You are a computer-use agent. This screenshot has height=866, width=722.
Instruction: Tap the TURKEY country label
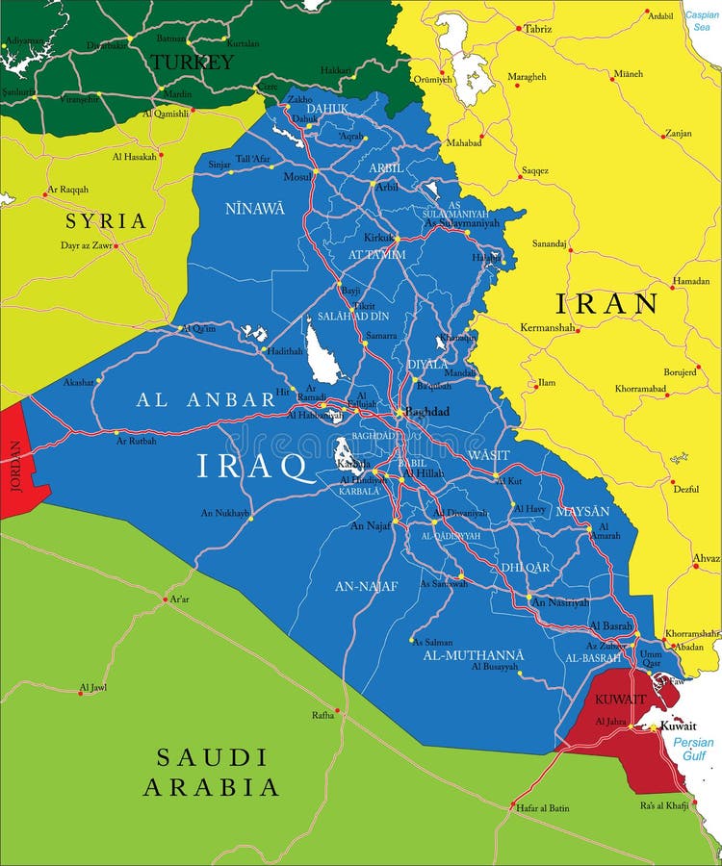pyautogui.click(x=191, y=63)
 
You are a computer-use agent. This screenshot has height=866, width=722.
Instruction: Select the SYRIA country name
pyautogui.click(x=106, y=221)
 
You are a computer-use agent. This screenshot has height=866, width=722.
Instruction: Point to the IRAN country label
pyautogui.click(x=606, y=304)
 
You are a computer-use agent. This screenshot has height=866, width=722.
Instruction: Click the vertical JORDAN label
pyautogui.click(x=14, y=467)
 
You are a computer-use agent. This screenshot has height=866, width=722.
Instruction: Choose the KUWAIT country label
pyautogui.click(x=619, y=699)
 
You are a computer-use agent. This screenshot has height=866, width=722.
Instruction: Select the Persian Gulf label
pyautogui.click(x=693, y=750)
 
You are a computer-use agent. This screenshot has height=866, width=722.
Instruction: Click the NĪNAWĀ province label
pyautogui.click(x=254, y=208)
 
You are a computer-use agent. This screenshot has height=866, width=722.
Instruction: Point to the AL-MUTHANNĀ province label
pyautogui.click(x=474, y=655)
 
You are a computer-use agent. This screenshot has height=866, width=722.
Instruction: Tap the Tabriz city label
pyautogui.click(x=538, y=29)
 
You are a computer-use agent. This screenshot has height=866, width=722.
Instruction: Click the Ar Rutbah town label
pyautogui.click(x=136, y=440)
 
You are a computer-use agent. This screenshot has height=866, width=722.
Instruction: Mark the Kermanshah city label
pyautogui.click(x=547, y=328)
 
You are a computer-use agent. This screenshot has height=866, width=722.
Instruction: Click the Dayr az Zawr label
pyautogui.click(x=87, y=246)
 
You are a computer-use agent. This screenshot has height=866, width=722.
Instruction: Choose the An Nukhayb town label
pyautogui.click(x=225, y=513)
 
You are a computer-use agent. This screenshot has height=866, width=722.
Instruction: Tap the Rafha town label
pyautogui.click(x=322, y=715)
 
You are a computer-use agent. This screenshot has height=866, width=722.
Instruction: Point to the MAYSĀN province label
pyautogui.click(x=582, y=511)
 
